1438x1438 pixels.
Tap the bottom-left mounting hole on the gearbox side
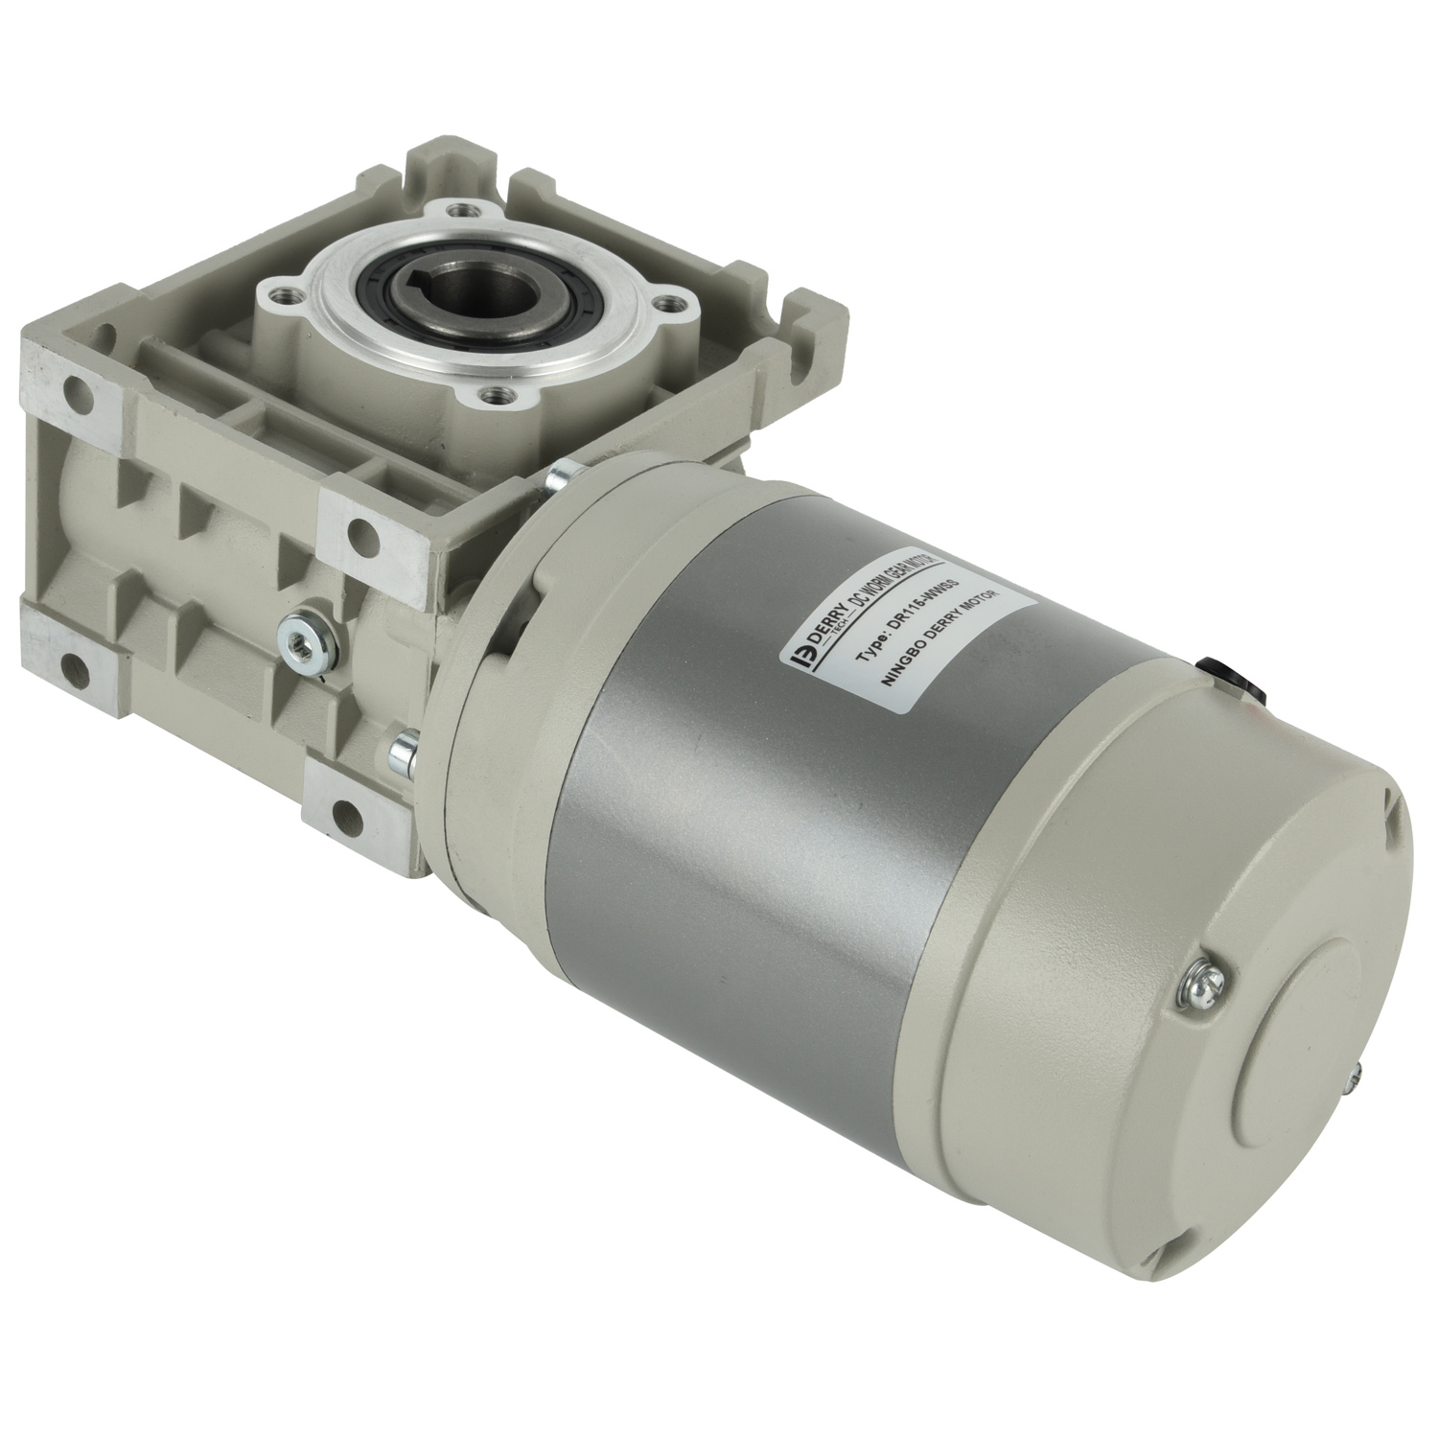click(x=69, y=661)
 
